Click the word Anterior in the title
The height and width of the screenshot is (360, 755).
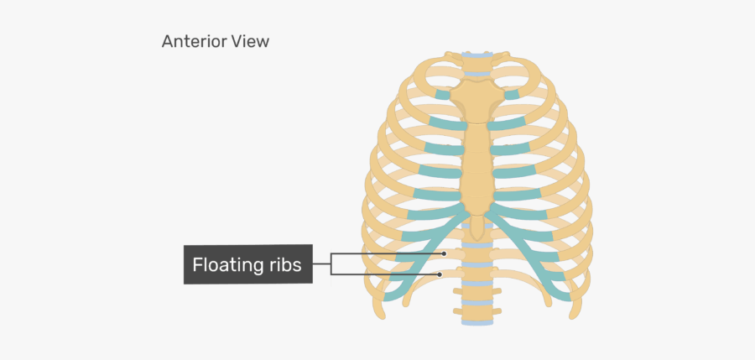tap(194, 41)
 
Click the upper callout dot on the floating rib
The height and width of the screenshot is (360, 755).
tap(445, 253)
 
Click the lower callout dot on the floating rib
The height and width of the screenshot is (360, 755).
tap(440, 274)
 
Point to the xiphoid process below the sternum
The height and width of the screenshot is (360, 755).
tap(476, 227)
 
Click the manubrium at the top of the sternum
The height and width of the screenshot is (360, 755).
tap(476, 99)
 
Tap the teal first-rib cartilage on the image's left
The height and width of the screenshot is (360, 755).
tap(442, 95)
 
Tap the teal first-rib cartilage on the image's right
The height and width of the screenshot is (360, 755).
tap(512, 94)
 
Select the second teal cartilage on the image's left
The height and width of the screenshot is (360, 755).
tap(447, 123)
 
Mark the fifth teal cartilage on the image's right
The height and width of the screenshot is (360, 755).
tap(518, 195)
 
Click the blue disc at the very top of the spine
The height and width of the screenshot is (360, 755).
tap(476, 55)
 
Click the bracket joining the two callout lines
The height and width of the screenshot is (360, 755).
tap(331, 264)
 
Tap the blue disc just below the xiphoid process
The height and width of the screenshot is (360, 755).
tap(476, 245)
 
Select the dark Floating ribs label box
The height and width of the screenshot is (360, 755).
tap(248, 264)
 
